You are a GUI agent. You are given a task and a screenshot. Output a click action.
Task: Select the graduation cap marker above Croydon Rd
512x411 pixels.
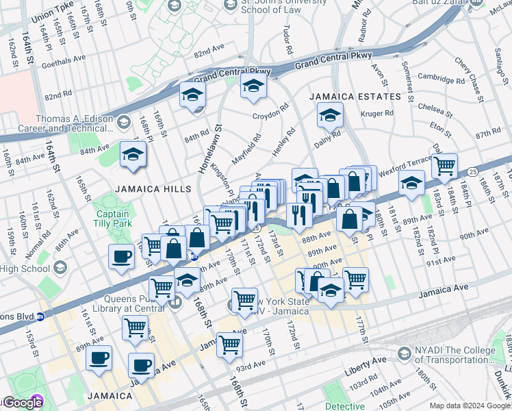253,86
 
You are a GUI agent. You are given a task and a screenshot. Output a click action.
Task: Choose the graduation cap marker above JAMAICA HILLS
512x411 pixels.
133,155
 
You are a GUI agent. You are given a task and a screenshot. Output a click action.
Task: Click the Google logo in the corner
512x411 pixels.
22,403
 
